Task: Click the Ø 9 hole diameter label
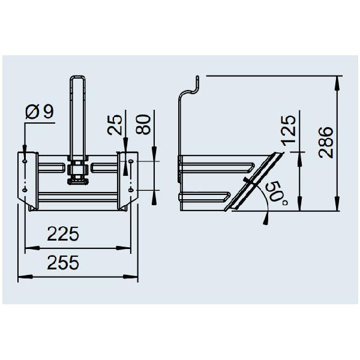tap(40, 112)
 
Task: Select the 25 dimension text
tap(115, 125)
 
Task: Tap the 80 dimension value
tap(143, 124)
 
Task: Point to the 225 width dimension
tap(63, 234)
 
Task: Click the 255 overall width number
tap(63, 263)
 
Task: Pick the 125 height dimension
tap(289, 131)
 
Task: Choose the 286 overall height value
tap(326, 142)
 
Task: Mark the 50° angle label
tap(277, 193)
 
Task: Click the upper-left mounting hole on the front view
tap(25, 161)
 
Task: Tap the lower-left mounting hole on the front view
tap(25, 190)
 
